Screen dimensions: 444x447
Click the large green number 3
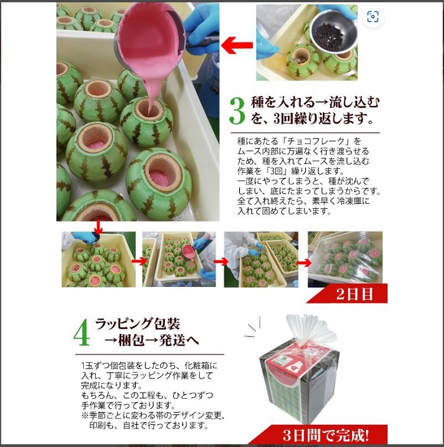(x=237, y=111)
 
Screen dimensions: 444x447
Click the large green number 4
(x=82, y=333)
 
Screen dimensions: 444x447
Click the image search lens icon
(x=372, y=17)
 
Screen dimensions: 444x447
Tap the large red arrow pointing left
(x=237, y=45)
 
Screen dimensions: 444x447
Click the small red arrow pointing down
(x=98, y=227)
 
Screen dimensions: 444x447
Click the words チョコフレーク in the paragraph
(x=320, y=141)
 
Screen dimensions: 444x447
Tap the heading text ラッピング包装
(x=138, y=324)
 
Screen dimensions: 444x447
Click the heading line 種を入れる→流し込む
(x=315, y=102)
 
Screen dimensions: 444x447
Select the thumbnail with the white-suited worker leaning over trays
(x=261, y=259)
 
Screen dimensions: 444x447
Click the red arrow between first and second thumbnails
(x=139, y=261)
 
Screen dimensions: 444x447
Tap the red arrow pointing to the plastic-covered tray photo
(x=304, y=263)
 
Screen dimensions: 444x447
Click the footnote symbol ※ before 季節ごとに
(x=85, y=415)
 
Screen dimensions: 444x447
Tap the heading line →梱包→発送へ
(x=151, y=340)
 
